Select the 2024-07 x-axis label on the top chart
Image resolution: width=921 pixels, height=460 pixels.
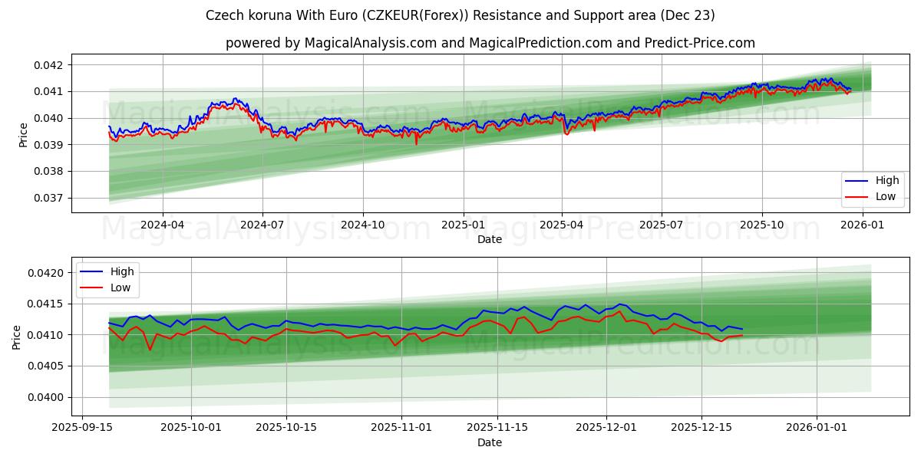coord(262,225)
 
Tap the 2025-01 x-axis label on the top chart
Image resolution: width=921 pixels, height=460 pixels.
coord(463,225)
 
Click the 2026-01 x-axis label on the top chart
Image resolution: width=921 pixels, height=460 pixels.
coord(863,225)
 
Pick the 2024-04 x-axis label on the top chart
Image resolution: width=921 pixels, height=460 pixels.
coord(163,225)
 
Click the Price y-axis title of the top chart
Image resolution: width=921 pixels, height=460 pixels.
coord(23,134)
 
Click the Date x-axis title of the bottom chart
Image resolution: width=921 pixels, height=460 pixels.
coord(490,442)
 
